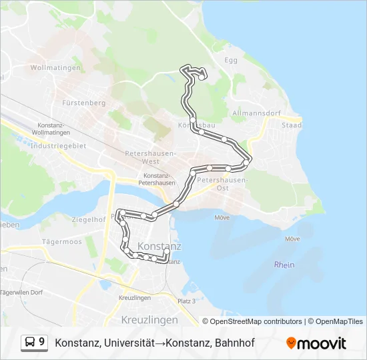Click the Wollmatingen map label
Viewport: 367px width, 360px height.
(x=55, y=68)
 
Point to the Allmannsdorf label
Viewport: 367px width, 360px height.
(x=256, y=114)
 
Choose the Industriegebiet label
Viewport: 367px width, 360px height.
(x=59, y=145)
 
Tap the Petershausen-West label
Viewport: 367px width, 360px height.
(x=151, y=157)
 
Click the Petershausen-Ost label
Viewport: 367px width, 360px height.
(x=222, y=184)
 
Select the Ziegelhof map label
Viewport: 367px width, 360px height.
(x=87, y=219)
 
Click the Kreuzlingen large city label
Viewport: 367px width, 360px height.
(x=149, y=321)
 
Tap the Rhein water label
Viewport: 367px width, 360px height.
(x=284, y=265)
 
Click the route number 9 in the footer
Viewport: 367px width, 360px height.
(x=42, y=343)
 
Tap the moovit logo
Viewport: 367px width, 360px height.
(x=316, y=343)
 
